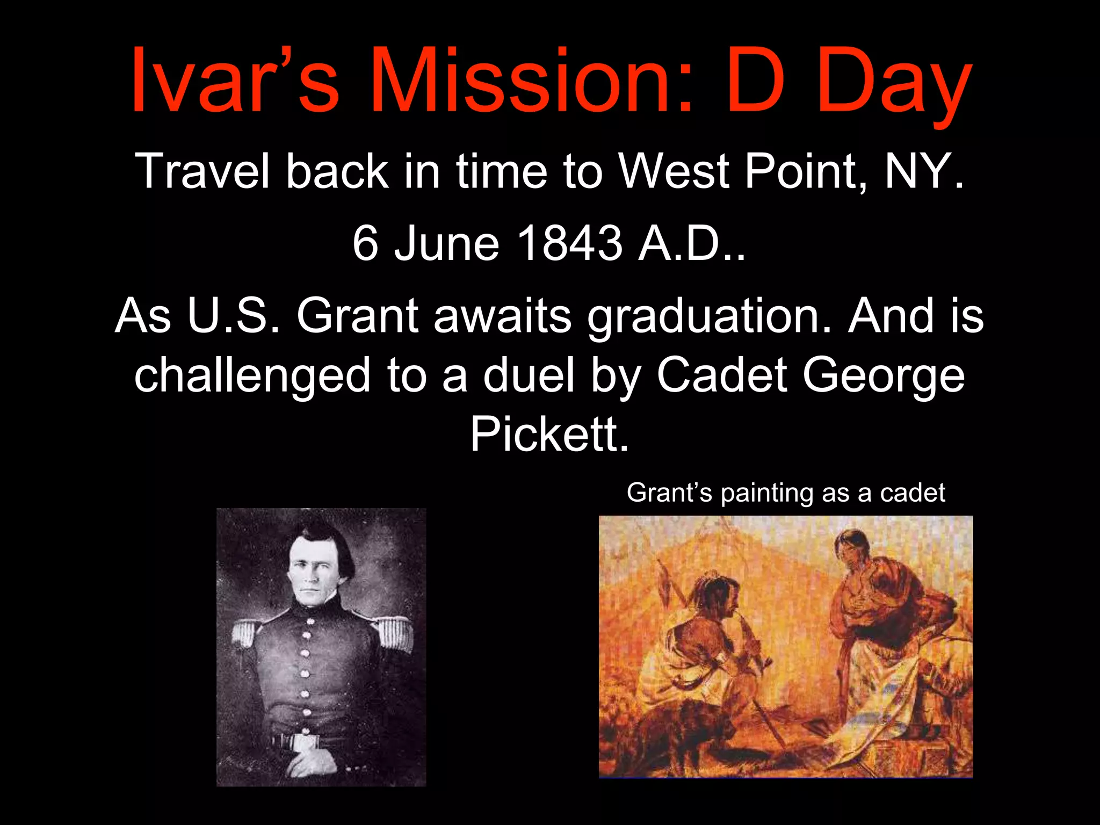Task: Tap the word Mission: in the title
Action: (x=529, y=81)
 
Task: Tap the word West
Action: (x=674, y=171)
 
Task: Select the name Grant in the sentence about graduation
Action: (x=357, y=316)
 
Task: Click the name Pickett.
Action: (x=549, y=434)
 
